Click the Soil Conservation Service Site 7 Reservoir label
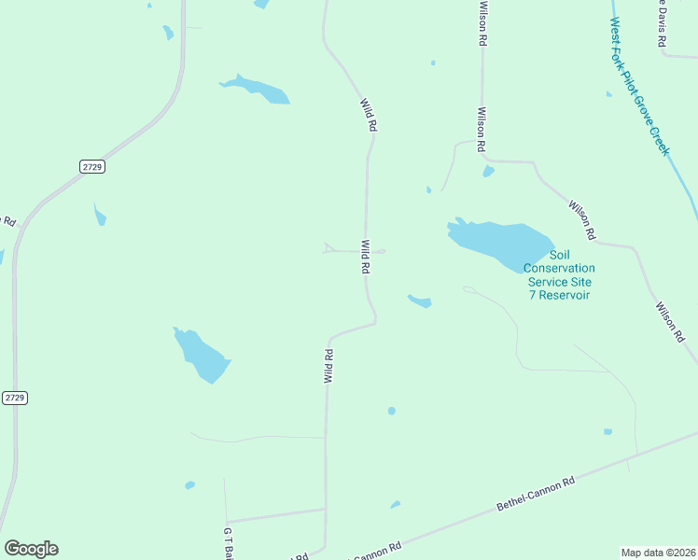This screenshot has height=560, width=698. click(x=558, y=274)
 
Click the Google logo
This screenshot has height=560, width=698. click(x=31, y=548)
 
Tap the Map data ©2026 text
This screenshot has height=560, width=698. click(x=659, y=552)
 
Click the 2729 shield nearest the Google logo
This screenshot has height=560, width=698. click(x=14, y=398)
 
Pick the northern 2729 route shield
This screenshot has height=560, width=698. click(x=91, y=166)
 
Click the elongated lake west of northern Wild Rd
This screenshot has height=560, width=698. click(x=256, y=89)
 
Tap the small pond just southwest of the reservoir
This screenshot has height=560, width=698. click(x=420, y=301)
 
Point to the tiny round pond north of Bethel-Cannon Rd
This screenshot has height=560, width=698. click(x=392, y=411)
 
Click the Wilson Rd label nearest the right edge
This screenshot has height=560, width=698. click(x=670, y=321)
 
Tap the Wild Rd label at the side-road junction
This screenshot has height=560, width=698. click(x=367, y=257)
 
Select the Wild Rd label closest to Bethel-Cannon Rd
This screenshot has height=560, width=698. click(x=328, y=366)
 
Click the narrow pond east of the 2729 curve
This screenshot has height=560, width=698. click(x=100, y=216)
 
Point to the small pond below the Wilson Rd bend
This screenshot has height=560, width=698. click(x=488, y=172)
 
